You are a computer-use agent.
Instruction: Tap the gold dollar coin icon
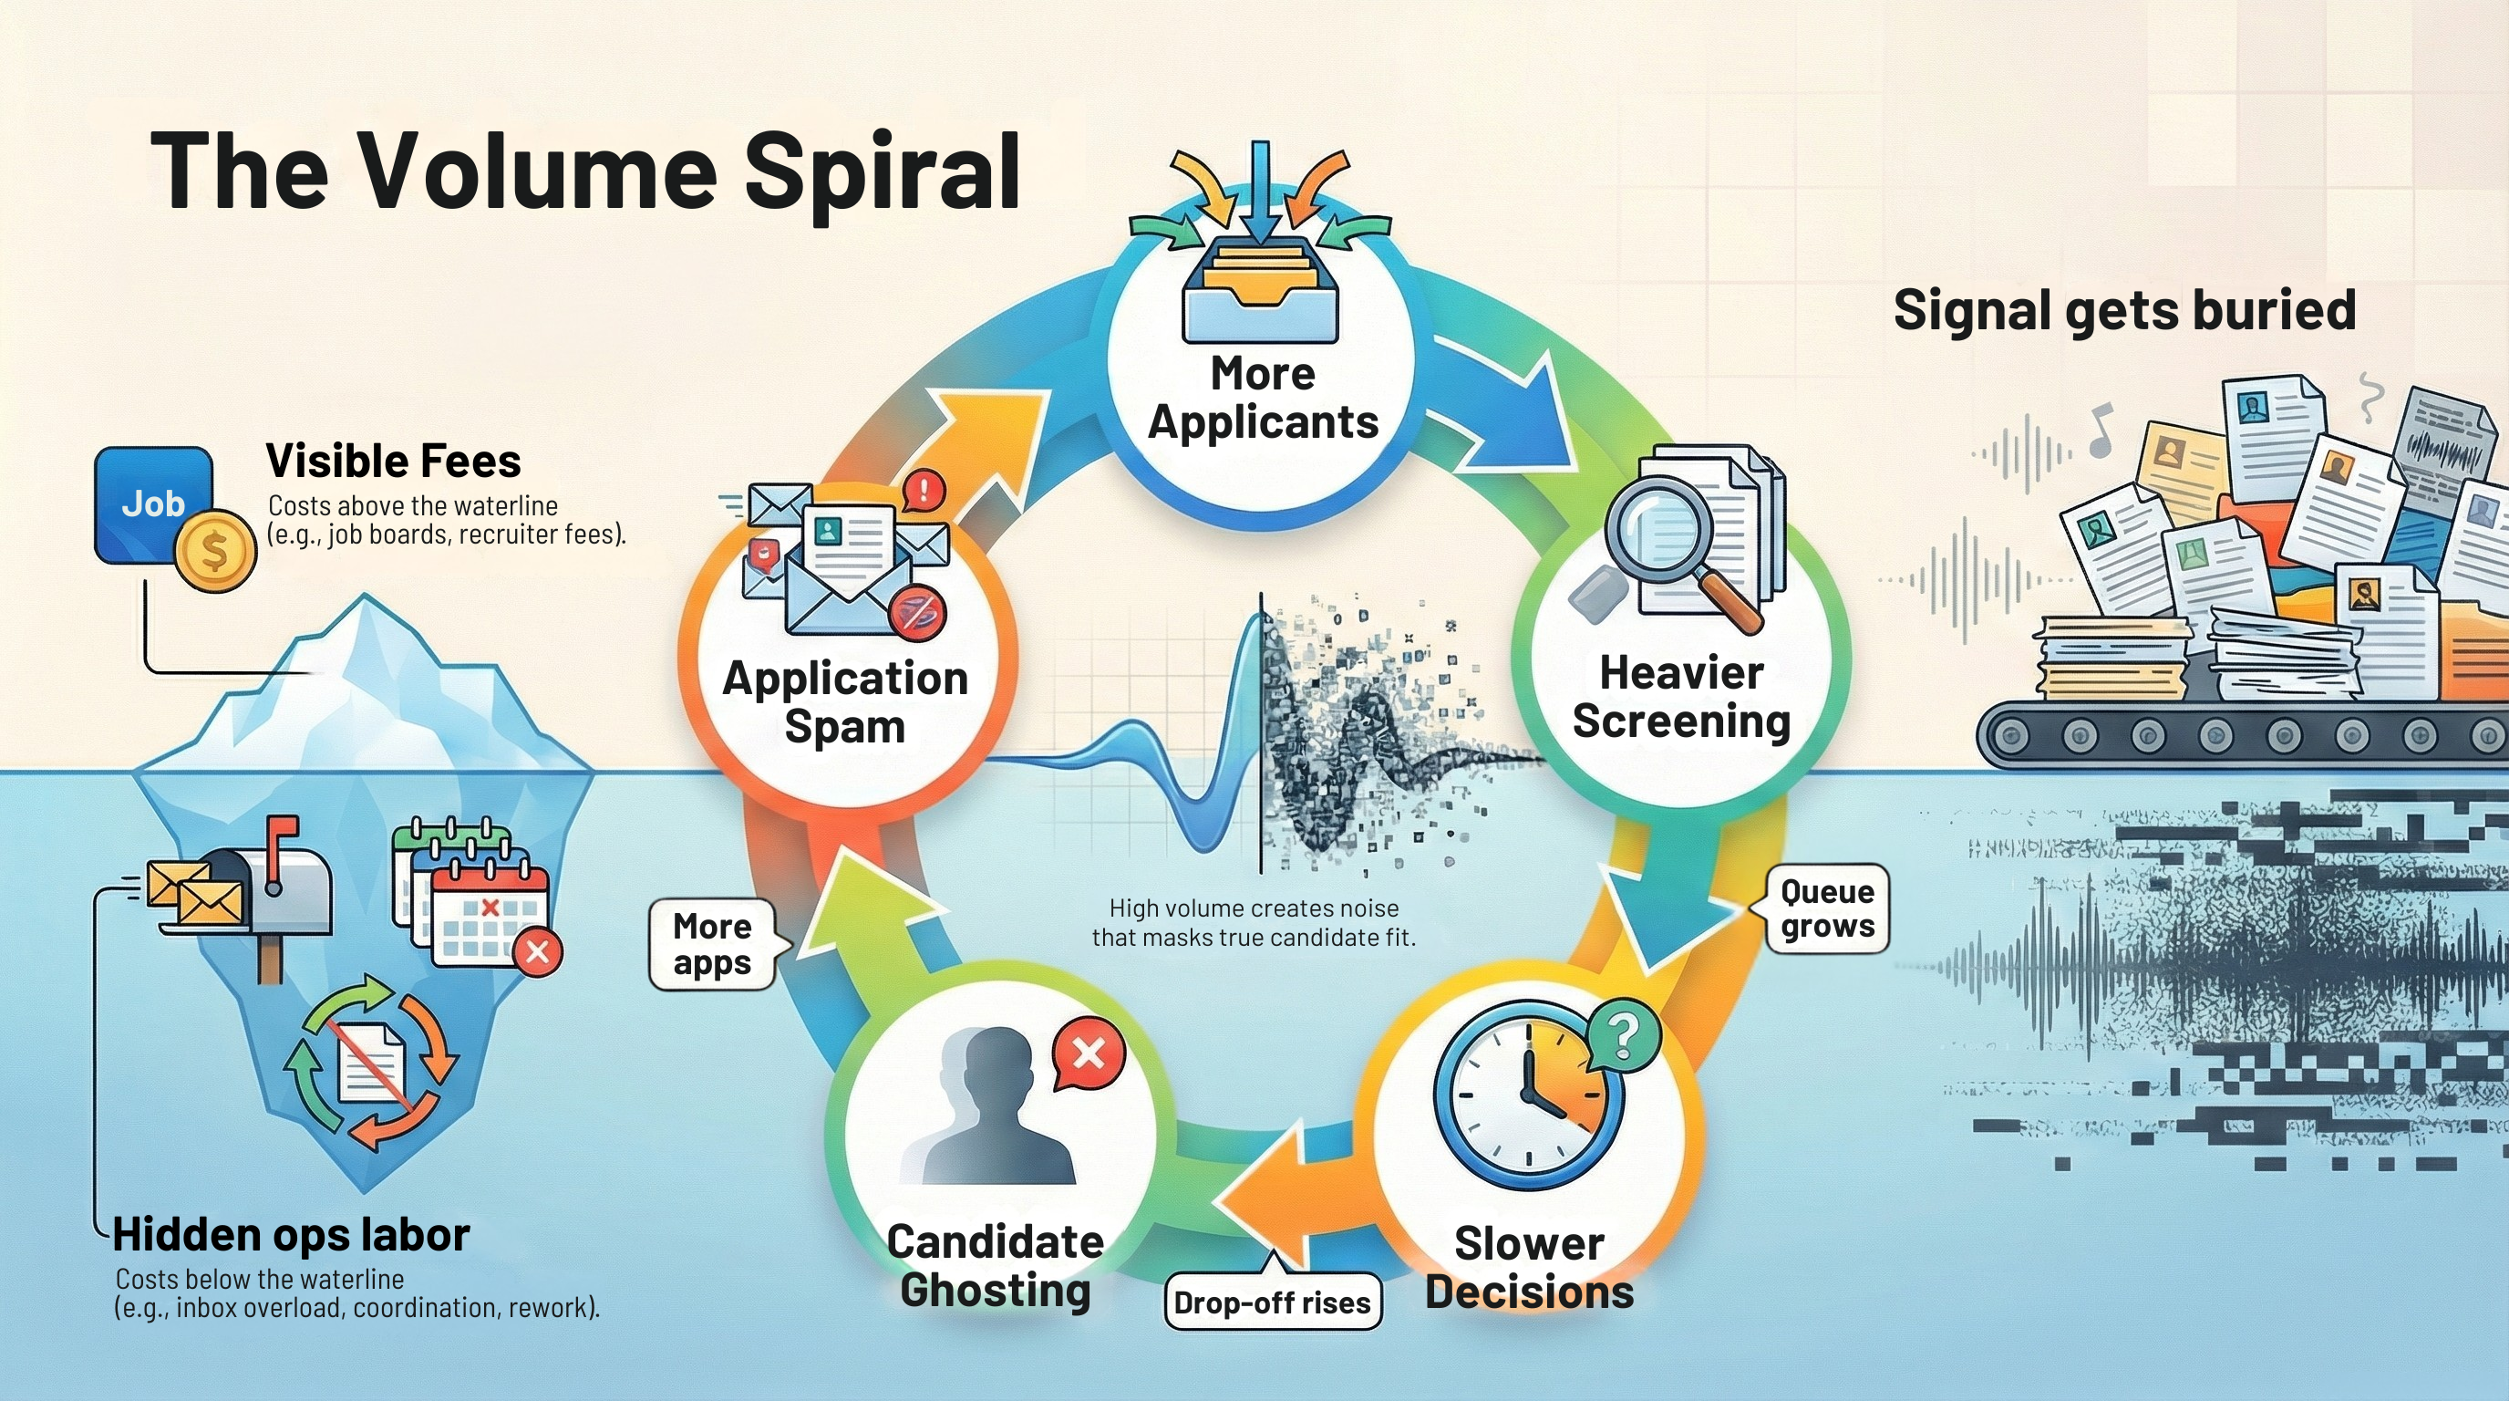(x=215, y=551)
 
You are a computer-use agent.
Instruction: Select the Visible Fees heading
(x=393, y=461)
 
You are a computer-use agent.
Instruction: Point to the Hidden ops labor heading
(x=291, y=1235)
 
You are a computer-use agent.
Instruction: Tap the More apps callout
(x=712, y=943)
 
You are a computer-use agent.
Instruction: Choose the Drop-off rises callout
(x=1272, y=1302)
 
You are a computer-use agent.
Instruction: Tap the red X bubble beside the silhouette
(x=1088, y=1053)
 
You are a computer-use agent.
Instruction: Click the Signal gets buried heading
(x=2124, y=311)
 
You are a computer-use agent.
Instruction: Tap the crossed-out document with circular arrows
(x=370, y=1064)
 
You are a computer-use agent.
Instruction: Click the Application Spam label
(x=844, y=702)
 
